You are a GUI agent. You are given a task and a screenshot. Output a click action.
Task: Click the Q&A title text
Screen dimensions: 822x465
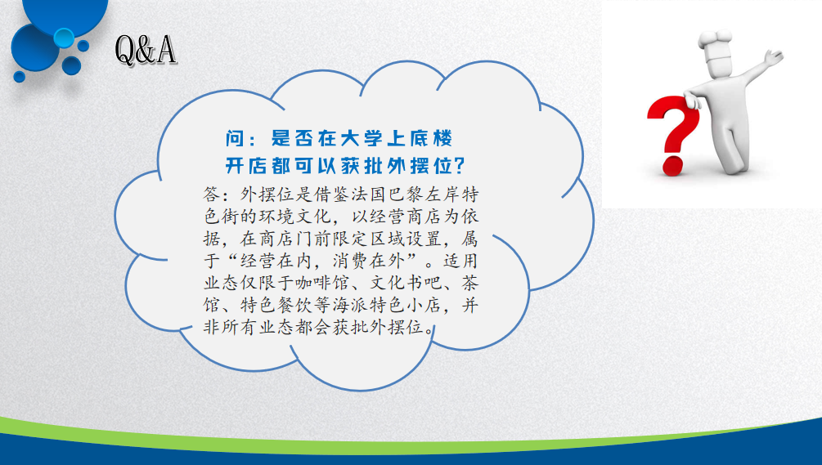(x=146, y=51)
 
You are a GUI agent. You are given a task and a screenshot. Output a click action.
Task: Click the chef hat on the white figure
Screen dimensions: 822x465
(x=715, y=46)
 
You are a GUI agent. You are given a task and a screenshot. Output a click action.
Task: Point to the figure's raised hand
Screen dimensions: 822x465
(x=773, y=56)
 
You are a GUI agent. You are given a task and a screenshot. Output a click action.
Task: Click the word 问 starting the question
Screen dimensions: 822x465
(x=235, y=138)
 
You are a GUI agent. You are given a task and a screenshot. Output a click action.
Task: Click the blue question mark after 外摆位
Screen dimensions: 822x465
(x=459, y=165)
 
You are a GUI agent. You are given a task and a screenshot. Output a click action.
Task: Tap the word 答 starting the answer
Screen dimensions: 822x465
(x=212, y=194)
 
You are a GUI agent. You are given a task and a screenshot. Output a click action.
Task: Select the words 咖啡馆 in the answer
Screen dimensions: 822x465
(x=322, y=283)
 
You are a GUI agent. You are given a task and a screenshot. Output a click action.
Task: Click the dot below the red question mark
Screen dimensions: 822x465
(x=672, y=167)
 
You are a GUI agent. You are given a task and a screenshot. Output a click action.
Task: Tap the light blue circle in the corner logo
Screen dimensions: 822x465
(x=64, y=38)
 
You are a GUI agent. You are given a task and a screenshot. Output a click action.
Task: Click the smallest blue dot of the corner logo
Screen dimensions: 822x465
(x=20, y=77)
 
